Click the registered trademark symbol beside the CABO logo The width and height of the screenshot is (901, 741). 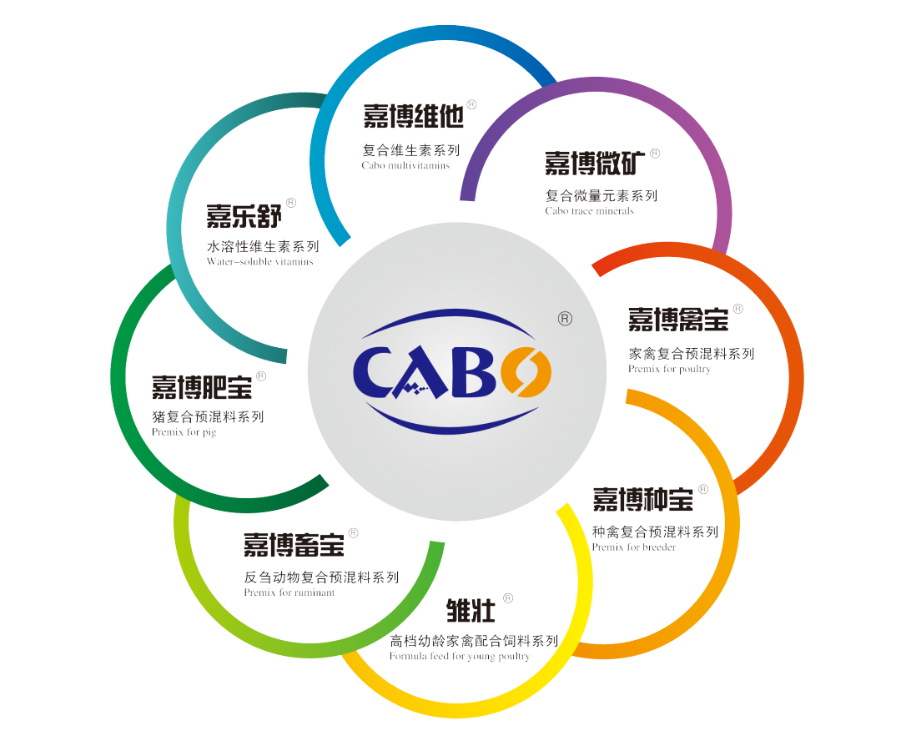coord(564,319)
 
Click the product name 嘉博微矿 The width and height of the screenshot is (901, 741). coord(594,164)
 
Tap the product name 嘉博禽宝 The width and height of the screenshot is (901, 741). coord(678,319)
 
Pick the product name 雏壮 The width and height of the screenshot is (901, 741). coord(471,611)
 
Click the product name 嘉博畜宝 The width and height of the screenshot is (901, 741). coord(294,545)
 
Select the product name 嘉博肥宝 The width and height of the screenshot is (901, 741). coord(201,386)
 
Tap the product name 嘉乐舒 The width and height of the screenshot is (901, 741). coord(244,216)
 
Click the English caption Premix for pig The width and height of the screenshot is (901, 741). coord(184,433)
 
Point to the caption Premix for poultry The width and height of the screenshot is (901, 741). coord(669,369)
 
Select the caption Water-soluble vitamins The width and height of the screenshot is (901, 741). coord(259,261)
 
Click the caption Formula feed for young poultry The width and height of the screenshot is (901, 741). coord(459,657)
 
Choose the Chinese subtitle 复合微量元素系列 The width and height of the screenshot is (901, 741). coord(601,196)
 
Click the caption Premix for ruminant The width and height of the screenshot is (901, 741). coord(289,592)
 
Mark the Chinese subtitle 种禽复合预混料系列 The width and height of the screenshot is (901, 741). coord(654,532)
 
